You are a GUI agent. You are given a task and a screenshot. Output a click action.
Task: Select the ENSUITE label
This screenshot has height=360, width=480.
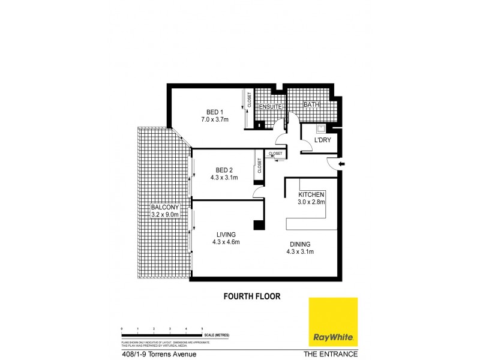pyautogui.click(x=270, y=107)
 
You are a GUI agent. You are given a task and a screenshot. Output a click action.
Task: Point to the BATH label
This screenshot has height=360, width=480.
pyautogui.click(x=311, y=105)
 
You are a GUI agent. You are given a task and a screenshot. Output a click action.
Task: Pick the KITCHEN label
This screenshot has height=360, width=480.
pyautogui.click(x=311, y=194)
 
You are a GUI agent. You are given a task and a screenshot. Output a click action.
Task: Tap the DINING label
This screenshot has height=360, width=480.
pyautogui.click(x=300, y=244)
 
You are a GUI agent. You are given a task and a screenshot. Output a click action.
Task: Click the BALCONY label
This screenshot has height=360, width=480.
pyautogui.click(x=165, y=207)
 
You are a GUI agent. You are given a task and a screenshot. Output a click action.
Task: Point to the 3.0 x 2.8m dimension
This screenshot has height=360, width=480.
pyautogui.click(x=311, y=202)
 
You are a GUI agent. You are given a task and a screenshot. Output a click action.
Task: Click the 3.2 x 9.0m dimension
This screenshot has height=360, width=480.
pyautogui.click(x=165, y=214)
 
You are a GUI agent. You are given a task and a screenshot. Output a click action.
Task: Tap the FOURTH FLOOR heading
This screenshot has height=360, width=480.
pyautogui.click(x=252, y=296)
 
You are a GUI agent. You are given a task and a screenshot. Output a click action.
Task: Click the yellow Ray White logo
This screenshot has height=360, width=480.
pyautogui.click(x=333, y=322)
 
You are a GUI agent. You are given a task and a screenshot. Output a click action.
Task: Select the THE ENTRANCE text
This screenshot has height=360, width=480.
pyautogui.click(x=331, y=354)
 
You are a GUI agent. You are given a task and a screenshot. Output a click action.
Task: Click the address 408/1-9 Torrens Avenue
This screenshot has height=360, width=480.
pyautogui.click(x=158, y=354)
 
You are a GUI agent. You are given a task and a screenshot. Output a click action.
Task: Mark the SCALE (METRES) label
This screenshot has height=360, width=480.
pyautogui.click(x=217, y=334)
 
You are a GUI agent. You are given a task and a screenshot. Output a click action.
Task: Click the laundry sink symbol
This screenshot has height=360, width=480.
pyautogui.click(x=321, y=128)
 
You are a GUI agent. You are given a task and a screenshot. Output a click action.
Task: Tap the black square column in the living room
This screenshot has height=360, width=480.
pyautogui.click(x=259, y=226)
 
